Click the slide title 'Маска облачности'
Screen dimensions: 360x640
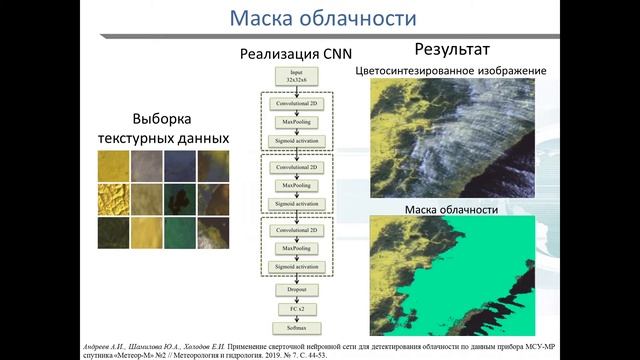[x=321, y=18]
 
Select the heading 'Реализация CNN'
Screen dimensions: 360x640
[x=295, y=54]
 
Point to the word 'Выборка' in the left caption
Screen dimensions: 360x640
[x=162, y=116]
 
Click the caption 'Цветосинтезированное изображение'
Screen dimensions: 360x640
[x=450, y=71]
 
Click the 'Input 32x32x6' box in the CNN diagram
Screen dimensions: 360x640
[x=296, y=76]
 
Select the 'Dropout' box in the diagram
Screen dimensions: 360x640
[x=296, y=289]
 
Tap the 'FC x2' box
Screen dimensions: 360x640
[x=296, y=308]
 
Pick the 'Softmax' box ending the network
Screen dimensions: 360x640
[x=296, y=327]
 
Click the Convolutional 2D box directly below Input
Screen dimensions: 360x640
[x=296, y=103]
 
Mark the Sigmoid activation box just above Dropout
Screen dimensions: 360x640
[x=296, y=267]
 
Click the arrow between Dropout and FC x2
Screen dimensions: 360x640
[x=296, y=298]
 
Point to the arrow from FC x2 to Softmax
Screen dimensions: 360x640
[x=296, y=318]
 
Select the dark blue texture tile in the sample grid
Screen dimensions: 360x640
[x=180, y=165]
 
